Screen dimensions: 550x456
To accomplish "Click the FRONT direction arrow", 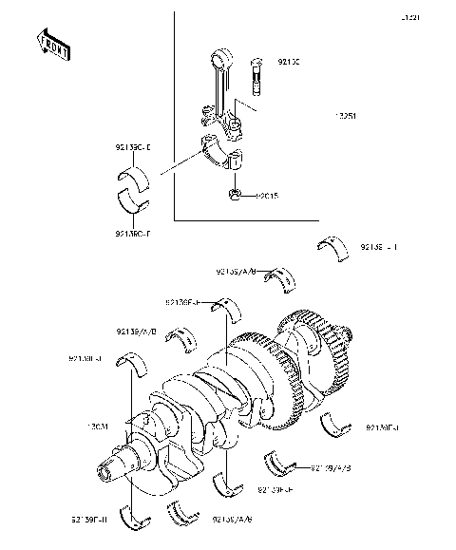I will coord(52,44).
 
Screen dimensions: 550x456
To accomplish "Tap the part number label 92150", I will coord(289,63).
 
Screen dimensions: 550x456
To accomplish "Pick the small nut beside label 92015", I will coord(233,197).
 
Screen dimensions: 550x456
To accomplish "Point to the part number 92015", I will coord(267,197).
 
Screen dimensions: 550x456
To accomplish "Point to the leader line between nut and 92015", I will coord(246,197).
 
